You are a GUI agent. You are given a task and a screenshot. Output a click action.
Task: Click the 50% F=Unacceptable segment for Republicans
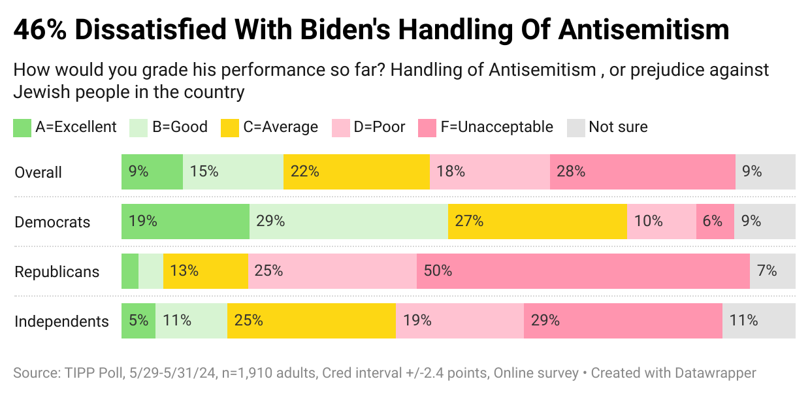(583, 271)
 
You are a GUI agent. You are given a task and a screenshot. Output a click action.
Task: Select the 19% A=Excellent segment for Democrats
(186, 222)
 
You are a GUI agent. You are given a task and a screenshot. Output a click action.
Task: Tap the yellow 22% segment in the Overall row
(356, 172)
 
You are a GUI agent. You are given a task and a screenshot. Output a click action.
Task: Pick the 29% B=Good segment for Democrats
(349, 222)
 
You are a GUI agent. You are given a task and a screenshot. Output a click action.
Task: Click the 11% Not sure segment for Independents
(758, 321)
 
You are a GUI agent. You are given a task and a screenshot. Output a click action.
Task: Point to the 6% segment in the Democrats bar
(715, 222)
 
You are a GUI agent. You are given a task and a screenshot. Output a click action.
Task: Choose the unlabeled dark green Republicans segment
(130, 271)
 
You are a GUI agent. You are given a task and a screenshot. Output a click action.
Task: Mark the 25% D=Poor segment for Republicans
(332, 271)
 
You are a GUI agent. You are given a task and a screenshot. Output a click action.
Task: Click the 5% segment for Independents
(138, 321)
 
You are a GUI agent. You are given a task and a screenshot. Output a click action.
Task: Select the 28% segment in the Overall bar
(642, 172)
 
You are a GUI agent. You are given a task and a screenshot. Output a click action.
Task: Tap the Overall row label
(39, 173)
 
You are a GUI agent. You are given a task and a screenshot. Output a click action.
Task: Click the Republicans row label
(57, 272)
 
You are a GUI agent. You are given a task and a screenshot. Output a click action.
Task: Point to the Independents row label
(61, 322)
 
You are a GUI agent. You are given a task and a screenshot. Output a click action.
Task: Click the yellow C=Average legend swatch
(230, 127)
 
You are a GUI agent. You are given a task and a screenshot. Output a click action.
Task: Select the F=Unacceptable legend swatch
(427, 127)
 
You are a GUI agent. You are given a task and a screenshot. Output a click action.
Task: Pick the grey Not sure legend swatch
(575, 127)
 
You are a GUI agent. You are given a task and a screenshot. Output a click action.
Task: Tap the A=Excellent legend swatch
(22, 127)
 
